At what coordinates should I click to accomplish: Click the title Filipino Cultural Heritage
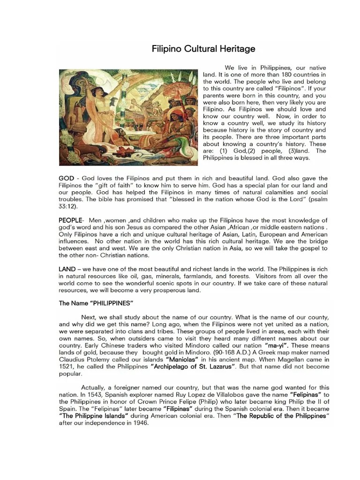[203, 49]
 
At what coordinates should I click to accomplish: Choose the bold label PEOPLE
[70, 220]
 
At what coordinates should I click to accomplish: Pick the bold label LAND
[67, 269]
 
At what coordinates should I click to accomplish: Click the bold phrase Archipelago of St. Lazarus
[192, 367]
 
